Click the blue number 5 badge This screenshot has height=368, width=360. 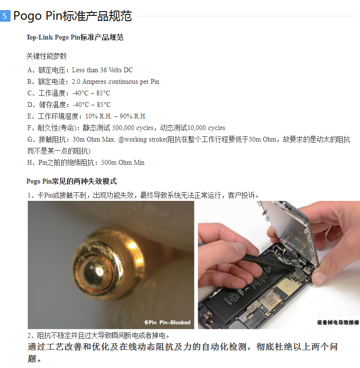(x=5, y=16)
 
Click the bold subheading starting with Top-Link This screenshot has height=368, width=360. (x=75, y=37)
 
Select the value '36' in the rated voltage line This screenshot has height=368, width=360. (x=103, y=70)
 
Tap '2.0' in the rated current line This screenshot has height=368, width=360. (x=76, y=82)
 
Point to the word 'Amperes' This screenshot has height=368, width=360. (x=94, y=82)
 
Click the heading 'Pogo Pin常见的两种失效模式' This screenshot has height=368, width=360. (x=72, y=182)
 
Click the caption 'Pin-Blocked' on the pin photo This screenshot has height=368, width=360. (x=175, y=322)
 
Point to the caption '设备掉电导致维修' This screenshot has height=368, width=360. (x=338, y=322)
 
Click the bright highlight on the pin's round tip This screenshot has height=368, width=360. (x=100, y=272)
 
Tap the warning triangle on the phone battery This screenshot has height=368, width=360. (x=268, y=270)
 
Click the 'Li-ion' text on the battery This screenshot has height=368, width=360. (x=228, y=301)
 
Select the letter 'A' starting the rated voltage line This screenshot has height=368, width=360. (x=29, y=70)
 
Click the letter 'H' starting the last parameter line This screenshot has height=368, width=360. (x=29, y=163)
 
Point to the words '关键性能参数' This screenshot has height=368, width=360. (x=46, y=56)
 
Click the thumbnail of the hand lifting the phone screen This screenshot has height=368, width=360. (x=279, y=265)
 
